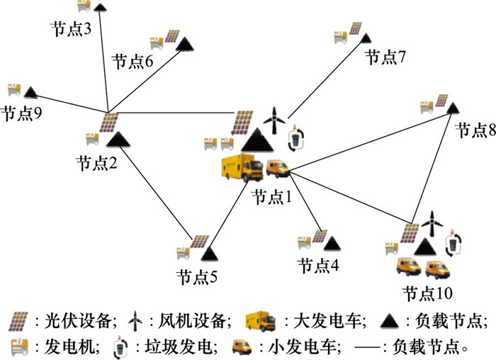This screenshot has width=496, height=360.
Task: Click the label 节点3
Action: [x=72, y=30]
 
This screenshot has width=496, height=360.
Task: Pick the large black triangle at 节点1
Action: [x=257, y=140]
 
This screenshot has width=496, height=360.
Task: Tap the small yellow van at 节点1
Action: [x=278, y=167]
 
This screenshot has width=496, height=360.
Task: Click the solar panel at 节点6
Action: [x=171, y=38]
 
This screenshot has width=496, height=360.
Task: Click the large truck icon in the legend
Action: [x=260, y=320]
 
